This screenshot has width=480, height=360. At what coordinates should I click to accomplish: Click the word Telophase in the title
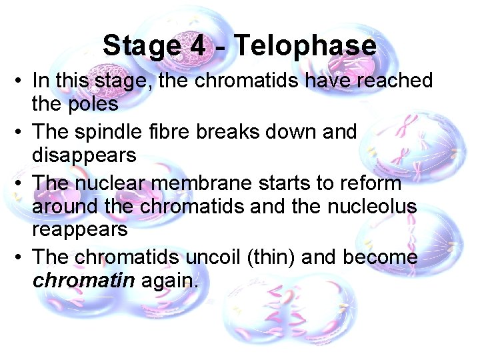(x=305, y=46)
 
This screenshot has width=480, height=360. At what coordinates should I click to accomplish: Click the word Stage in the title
(x=141, y=46)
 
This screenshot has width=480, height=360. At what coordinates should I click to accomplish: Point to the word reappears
(x=80, y=230)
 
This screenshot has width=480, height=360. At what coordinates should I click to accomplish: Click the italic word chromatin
(x=84, y=281)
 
